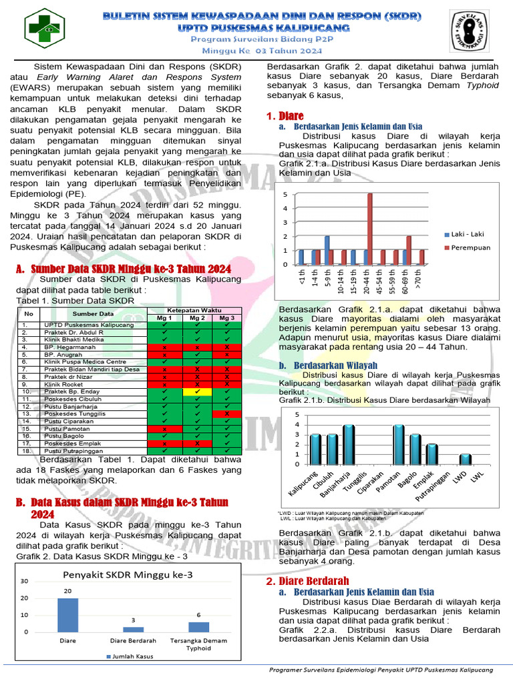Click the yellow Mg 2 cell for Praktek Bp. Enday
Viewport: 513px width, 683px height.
(x=197, y=392)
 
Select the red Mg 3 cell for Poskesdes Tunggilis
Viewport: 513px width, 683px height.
(x=227, y=414)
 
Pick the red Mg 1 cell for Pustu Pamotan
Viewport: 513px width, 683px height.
(x=164, y=428)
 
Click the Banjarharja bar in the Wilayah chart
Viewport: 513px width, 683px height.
(x=349, y=444)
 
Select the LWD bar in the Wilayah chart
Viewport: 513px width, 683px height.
(x=466, y=459)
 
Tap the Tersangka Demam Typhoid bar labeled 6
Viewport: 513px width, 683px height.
(x=198, y=626)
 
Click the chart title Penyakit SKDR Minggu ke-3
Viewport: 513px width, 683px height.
(x=128, y=574)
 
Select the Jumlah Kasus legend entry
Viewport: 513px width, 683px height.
(x=129, y=656)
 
